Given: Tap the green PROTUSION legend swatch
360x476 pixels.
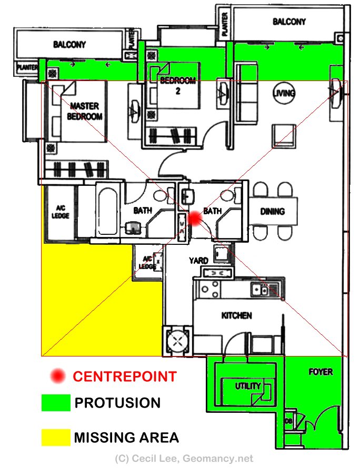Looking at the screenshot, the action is point(56,403).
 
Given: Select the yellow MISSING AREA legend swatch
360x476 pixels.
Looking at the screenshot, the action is point(56,438).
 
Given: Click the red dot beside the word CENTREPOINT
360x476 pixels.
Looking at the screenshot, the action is point(58,376).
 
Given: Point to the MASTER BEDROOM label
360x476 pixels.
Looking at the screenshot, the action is point(84,111).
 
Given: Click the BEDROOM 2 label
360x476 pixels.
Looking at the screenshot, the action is point(178,85).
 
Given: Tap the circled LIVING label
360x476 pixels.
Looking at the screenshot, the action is point(284,93).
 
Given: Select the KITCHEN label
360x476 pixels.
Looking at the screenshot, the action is point(237,316).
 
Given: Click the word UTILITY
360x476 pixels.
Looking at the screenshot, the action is point(248,386).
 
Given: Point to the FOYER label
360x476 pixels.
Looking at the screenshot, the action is point(321,372).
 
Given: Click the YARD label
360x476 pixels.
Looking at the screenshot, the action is point(198,261).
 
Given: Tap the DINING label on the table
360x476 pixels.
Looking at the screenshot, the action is point(273,211).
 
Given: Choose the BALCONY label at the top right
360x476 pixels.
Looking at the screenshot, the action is point(289,22).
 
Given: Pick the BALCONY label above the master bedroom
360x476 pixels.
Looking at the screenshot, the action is point(69,45).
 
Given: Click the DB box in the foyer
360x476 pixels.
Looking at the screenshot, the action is point(288,421).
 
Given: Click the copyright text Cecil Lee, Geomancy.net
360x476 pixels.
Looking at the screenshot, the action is point(184,459).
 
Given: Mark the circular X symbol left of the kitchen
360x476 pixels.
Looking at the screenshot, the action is point(177,341).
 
